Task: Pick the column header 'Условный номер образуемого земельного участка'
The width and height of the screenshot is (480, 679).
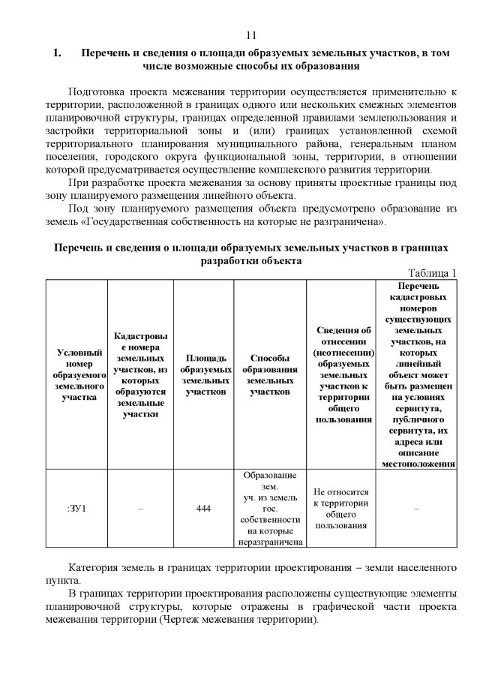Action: coord(77,374)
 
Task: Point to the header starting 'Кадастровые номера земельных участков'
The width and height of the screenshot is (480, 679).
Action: coord(140,374)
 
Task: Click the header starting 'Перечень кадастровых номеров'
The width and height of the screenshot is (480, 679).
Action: coord(418,374)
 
